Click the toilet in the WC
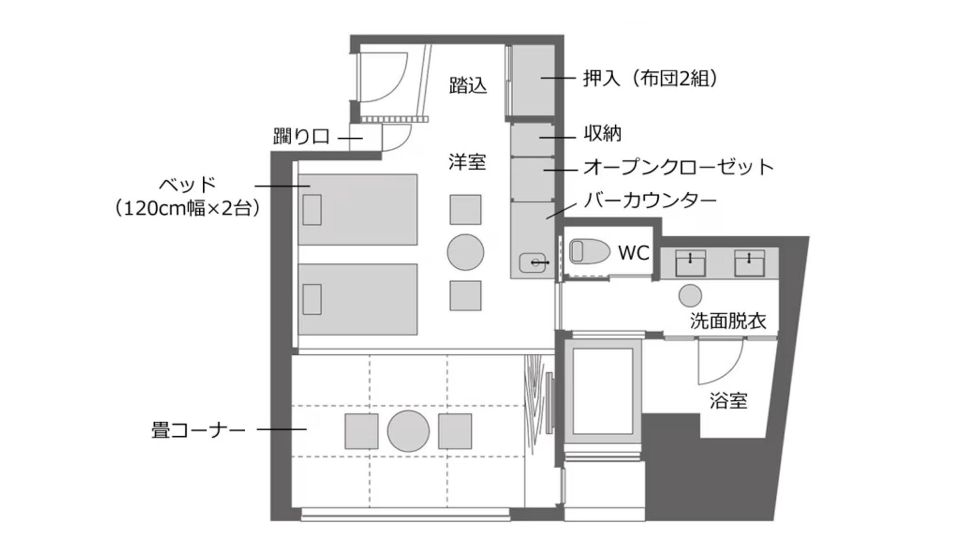pyautogui.click(x=589, y=251)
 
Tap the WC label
pyautogui.click(x=634, y=253)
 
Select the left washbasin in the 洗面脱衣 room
pyautogui.click(x=690, y=263)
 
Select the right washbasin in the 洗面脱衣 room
pyautogui.click(x=749, y=263)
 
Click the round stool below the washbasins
pyautogui.click(x=690, y=296)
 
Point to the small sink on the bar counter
pyautogui.click(x=532, y=263)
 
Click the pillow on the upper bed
pyautogui.click(x=312, y=210)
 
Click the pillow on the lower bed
pyautogui.click(x=312, y=299)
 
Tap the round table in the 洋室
pyautogui.click(x=465, y=252)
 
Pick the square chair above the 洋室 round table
pyautogui.click(x=465, y=209)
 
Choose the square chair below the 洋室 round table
pyautogui.click(x=465, y=296)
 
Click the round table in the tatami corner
pyautogui.click(x=408, y=431)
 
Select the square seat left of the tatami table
pyautogui.click(x=361, y=431)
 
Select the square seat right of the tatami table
pyautogui.click(x=455, y=431)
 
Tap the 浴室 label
pyautogui.click(x=728, y=401)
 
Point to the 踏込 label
pyautogui.click(x=468, y=86)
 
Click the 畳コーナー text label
pyautogui.click(x=198, y=430)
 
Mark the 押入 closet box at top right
pyautogui.click(x=533, y=81)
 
